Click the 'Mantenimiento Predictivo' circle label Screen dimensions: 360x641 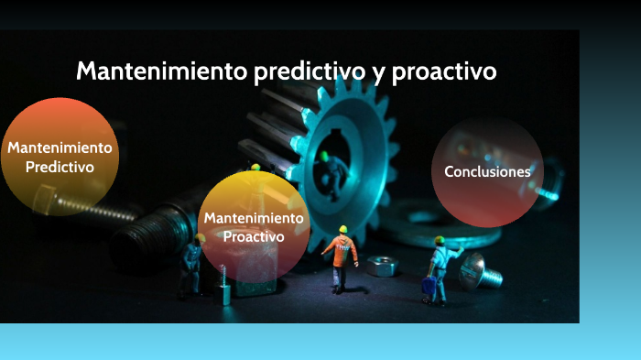(x=60, y=157)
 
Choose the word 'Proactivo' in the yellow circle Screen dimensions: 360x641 (x=254, y=236)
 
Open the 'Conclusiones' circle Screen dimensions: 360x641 (x=487, y=171)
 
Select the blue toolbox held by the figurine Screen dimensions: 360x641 (x=428, y=287)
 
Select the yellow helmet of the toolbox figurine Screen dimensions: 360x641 (x=440, y=240)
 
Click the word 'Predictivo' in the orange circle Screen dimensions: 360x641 (x=60, y=167)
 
